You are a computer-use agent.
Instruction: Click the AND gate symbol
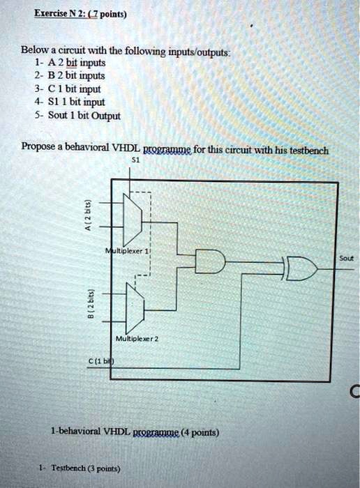(210, 261)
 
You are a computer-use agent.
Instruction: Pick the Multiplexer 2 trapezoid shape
(135, 308)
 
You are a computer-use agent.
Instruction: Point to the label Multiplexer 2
(137, 339)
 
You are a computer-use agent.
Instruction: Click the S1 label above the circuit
(136, 160)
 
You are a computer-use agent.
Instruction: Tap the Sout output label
(346, 259)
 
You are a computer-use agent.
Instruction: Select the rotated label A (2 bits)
(89, 215)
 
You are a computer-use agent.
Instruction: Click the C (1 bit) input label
(102, 361)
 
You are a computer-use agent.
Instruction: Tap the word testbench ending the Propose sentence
(309, 151)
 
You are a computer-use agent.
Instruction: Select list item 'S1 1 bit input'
(70, 102)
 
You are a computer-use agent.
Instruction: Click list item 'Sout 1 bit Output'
(77, 116)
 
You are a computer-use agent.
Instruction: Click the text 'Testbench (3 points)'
(86, 468)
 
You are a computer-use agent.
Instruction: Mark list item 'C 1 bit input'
(68, 89)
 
